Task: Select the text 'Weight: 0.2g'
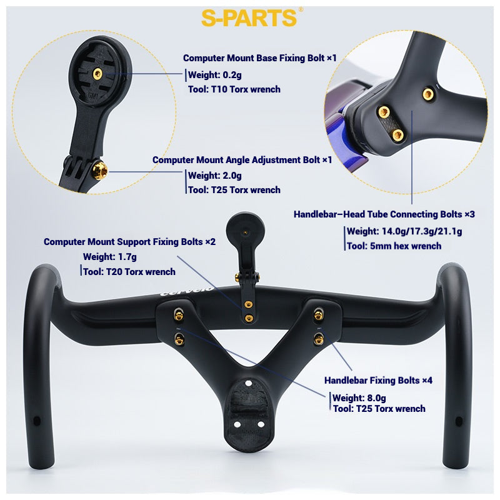214,75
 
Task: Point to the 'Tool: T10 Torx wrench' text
234,89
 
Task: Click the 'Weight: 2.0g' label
214,176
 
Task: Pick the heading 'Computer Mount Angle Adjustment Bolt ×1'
242,160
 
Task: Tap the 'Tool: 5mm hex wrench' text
394,246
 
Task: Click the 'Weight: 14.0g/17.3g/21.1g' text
404,231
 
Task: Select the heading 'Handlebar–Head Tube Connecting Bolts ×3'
384,214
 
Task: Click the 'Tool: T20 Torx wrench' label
129,271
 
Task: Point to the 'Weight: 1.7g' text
109,256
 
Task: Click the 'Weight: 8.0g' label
359,397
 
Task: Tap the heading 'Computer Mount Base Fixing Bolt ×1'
259,58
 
